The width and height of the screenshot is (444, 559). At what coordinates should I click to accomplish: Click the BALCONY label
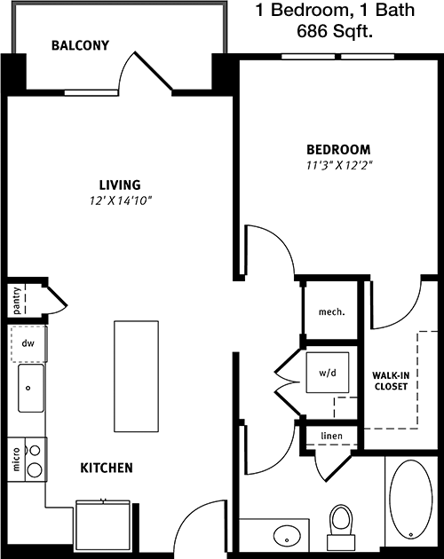(x=80, y=45)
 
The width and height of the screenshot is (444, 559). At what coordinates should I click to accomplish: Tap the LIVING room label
(x=120, y=185)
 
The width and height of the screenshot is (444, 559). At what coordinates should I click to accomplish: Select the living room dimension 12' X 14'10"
(x=120, y=201)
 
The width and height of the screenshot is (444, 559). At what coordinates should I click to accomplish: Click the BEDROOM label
(x=337, y=149)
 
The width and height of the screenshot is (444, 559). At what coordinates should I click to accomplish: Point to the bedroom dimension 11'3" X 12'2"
(x=337, y=165)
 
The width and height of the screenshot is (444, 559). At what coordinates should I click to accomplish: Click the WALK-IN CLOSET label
(x=390, y=381)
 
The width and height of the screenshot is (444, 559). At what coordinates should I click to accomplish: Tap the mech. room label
(x=330, y=312)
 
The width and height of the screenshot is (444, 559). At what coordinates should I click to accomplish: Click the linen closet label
(x=330, y=436)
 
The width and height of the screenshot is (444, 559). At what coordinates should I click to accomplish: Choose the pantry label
(x=17, y=300)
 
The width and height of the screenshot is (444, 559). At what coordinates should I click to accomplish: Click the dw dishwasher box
(x=28, y=341)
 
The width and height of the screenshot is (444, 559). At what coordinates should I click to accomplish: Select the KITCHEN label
(x=107, y=467)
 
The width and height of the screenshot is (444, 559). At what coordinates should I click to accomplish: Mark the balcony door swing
(x=149, y=71)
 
